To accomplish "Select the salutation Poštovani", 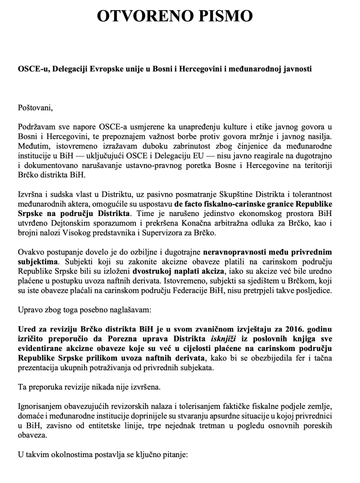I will click(36, 106).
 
